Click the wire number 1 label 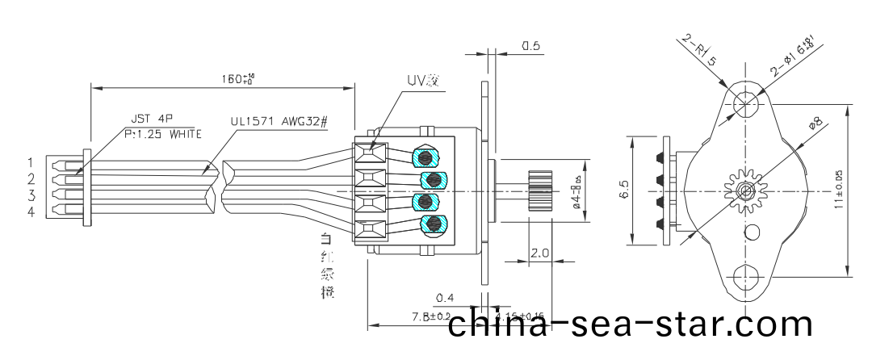[x=30, y=162]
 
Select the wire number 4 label [x=30, y=212]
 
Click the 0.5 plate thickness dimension [x=530, y=46]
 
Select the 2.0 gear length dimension [x=539, y=253]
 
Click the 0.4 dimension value [x=443, y=298]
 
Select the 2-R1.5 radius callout [x=699, y=49]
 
